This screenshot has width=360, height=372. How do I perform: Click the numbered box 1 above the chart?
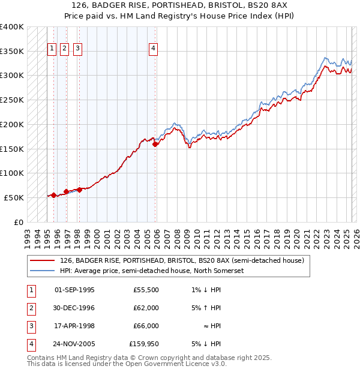[x=52, y=49]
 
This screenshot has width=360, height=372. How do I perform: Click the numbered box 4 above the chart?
[x=154, y=49]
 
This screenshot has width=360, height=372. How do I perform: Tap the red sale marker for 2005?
[x=155, y=144]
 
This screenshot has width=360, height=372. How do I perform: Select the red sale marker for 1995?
[x=53, y=195]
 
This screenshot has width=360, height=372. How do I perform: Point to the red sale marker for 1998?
[x=79, y=190]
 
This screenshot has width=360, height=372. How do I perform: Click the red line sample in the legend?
[x=42, y=261]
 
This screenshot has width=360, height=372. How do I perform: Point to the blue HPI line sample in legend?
[x=42, y=271]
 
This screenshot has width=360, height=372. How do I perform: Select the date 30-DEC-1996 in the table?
[x=74, y=308]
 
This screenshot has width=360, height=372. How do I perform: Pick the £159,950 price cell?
[x=144, y=344]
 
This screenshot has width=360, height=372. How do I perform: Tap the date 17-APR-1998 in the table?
[x=74, y=326]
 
